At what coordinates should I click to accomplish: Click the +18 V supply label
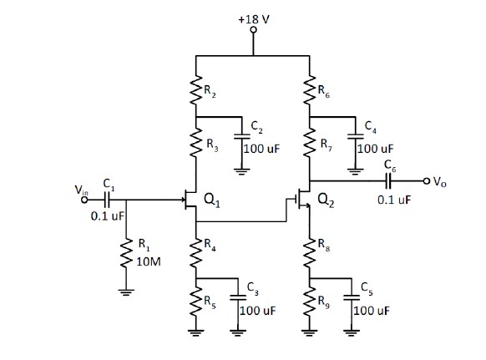pos(254,19)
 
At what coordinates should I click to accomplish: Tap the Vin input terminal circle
pos(84,200)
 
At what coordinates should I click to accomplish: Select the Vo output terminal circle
pos(427,180)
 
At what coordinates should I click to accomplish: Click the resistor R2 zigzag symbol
pos(196,90)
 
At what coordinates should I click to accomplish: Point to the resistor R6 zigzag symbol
pos(310,90)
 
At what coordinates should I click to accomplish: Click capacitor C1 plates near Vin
pos(107,200)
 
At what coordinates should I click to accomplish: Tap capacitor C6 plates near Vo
pos(388,180)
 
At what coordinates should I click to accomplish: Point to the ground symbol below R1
pos(126,292)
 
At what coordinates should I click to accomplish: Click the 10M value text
pos(149,262)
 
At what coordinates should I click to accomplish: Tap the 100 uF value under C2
pos(261,149)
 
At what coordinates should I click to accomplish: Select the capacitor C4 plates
pos(356,137)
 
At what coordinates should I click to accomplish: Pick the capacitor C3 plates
pos(238,298)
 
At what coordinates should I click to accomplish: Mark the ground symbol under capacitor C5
pos(352,333)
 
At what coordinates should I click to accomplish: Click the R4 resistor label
pos(210,245)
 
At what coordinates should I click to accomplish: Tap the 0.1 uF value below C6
pos(394,200)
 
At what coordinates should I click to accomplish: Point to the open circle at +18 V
pos(254,30)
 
